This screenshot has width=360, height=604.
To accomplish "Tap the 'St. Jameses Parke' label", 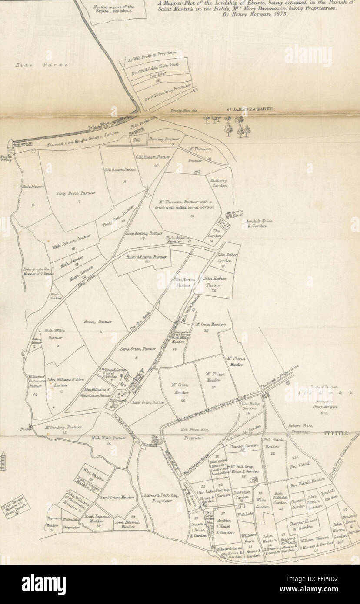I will pos(249,109).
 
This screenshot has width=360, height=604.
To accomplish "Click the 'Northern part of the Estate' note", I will pos(107,9).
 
